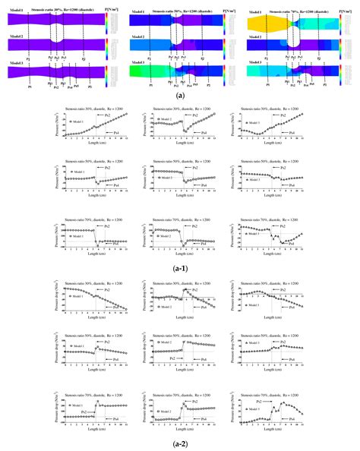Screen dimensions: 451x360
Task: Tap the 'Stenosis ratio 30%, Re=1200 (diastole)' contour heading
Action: (62, 8)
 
